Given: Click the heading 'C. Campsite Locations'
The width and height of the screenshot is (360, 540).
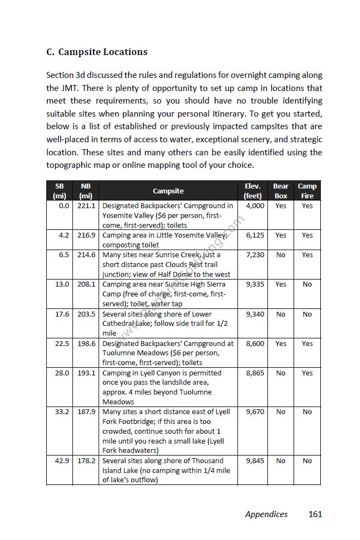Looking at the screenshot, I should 97,52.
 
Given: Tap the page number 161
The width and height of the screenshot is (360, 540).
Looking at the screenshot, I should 315,514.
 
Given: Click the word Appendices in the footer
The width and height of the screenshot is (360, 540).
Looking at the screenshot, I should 266,514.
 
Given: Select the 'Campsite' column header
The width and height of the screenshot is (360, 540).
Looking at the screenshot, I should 168,191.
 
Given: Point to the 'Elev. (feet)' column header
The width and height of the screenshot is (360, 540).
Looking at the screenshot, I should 253,191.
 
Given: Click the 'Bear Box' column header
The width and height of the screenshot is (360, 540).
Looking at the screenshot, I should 280,191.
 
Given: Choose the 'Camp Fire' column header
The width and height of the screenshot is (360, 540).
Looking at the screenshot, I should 307,191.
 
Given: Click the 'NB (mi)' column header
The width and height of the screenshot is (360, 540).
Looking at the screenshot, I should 86,191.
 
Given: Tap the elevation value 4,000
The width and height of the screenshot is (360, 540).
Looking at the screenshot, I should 255,206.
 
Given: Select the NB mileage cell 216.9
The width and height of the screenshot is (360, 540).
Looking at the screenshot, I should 86,235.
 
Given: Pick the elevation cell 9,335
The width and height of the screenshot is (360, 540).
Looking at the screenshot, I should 255,284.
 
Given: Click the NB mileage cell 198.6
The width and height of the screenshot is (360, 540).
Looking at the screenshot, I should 86,344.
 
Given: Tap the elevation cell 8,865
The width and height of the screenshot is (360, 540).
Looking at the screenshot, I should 255,373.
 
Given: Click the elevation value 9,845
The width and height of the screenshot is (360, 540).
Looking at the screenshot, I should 255,461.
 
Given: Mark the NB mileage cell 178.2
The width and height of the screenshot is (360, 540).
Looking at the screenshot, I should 86,461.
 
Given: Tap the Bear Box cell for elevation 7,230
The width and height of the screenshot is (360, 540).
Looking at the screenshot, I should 280,255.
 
